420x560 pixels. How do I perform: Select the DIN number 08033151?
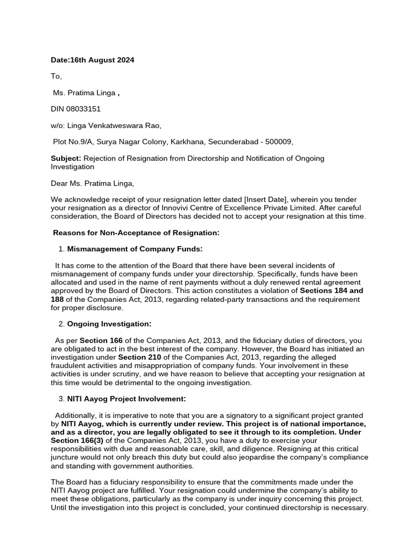point(84,109)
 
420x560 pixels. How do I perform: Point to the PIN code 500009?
point(279,142)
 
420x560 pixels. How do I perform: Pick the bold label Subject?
point(66,158)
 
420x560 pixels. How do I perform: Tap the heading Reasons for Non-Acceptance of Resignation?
point(136,233)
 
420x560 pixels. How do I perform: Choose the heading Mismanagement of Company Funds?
point(135,249)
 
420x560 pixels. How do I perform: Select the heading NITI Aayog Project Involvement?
point(126,399)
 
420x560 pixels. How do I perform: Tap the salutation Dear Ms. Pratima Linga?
point(92,183)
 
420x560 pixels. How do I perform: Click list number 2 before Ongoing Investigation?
point(61,324)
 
